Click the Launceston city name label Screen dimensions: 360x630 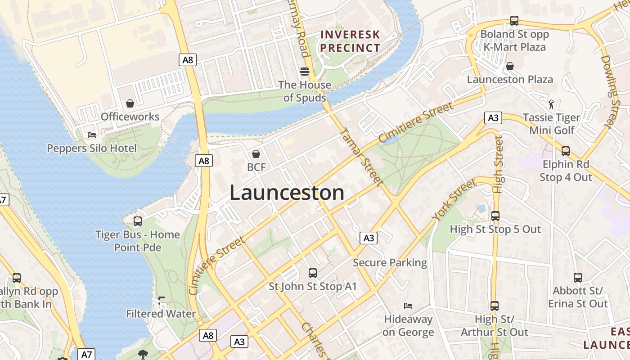pos(287,193)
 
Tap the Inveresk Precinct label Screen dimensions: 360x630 pos(351,41)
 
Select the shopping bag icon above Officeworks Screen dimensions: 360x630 pos(130,103)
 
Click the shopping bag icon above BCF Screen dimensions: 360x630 pos(256,154)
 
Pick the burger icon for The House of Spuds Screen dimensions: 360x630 pos(305,72)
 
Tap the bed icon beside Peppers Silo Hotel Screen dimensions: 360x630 pos(91,135)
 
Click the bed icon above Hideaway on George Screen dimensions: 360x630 pos(408,306)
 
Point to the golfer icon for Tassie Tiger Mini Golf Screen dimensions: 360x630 pos(551,104)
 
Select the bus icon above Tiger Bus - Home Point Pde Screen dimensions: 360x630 pos(138,221)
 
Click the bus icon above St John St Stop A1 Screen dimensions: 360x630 pos(312,273)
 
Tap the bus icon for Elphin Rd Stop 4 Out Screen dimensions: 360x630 pos(566,151)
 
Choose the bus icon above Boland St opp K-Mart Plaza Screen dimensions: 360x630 pos(514,21)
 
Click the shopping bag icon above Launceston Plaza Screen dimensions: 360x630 pos(510,66)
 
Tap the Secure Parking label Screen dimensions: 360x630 pos(390,262)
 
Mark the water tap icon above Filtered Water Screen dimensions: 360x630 pos(162,300)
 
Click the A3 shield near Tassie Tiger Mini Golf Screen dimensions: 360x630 pos(493,118)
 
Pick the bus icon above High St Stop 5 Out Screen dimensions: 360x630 pos(495,216)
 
